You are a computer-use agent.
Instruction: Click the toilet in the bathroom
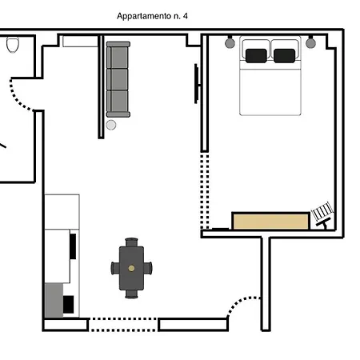tap(13, 45)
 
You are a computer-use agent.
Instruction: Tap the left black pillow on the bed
tap(256, 56)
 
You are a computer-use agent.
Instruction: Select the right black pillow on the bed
tap(284, 56)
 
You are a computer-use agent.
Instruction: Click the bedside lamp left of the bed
tap(230, 42)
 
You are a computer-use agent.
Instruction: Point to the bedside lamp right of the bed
tap(310, 42)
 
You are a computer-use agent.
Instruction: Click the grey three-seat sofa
tap(118, 79)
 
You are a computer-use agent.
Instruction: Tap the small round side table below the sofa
tap(111, 125)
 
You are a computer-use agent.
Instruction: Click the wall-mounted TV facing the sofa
tap(197, 84)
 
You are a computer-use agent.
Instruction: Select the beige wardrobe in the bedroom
tap(270, 221)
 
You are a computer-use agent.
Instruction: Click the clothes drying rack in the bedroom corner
tap(323, 214)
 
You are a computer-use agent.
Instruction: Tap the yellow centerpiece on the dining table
tap(131, 268)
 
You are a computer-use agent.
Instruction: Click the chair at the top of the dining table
tap(131, 242)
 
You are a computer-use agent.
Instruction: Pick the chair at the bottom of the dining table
tap(131, 294)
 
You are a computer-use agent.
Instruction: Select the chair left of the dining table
tap(115, 268)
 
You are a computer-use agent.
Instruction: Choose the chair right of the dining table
tap(148, 268)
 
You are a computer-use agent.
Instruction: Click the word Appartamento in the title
tap(144, 17)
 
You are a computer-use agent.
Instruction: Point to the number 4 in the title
tap(186, 16)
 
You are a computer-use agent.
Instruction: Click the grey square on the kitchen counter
tap(54, 300)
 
